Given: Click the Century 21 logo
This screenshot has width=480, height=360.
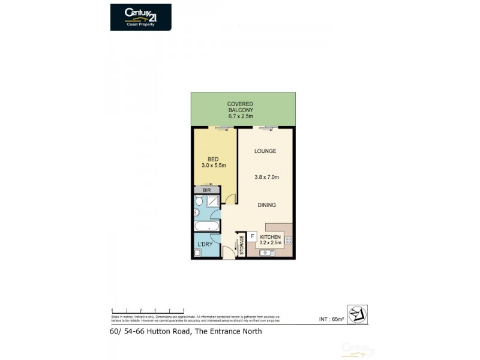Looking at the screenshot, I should click(140, 17).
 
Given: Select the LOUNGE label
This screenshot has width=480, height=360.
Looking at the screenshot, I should click(265, 151).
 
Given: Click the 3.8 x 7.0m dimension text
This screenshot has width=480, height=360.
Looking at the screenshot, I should click(266, 177).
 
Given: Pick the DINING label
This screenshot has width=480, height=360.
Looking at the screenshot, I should click(266, 205).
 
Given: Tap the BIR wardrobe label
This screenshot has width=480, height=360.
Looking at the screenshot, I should click(206, 190).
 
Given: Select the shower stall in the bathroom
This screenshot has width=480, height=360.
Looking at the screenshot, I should click(212, 201).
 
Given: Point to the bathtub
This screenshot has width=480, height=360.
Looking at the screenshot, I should click(206, 227).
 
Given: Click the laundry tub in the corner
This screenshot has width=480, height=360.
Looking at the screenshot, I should click(196, 254).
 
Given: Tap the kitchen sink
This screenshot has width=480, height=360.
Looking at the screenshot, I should click(267, 253).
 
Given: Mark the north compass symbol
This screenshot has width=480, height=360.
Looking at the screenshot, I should click(357, 314).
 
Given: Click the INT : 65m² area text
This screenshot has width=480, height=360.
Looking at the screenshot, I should click(331, 319).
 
